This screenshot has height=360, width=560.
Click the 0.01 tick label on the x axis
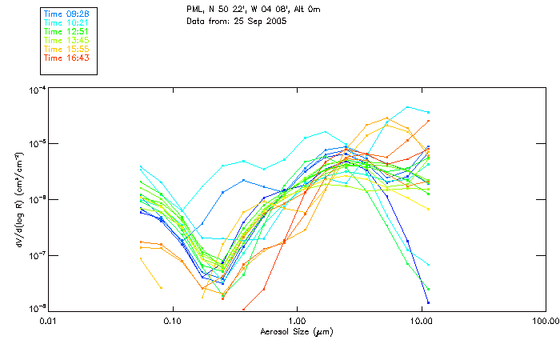tap(49, 322)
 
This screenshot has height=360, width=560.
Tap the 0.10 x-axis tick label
tap(173, 322)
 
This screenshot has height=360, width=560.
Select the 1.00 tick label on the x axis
tap(297, 322)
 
